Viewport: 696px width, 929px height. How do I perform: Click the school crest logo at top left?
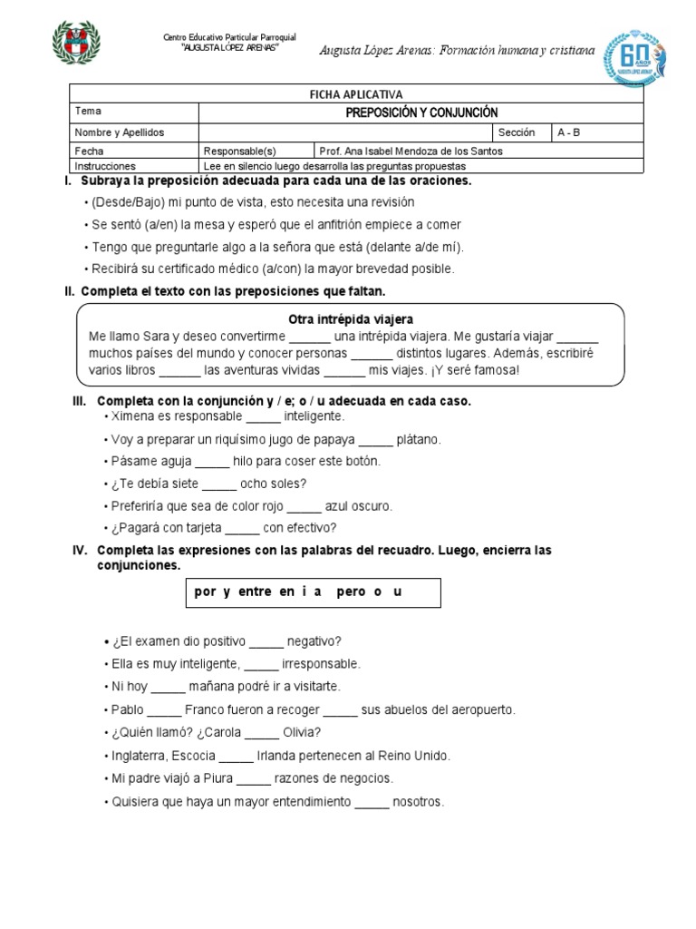pyautogui.click(x=75, y=44)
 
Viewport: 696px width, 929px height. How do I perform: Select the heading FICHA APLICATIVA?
pyautogui.click(x=357, y=94)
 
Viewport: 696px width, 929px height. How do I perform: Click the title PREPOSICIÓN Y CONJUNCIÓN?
pyautogui.click(x=421, y=112)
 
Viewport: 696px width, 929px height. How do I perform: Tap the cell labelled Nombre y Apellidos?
pyautogui.click(x=119, y=132)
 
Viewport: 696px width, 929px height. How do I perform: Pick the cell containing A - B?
pyautogui.click(x=569, y=132)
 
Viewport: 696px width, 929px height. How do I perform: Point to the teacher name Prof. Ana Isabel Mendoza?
pyautogui.click(x=411, y=152)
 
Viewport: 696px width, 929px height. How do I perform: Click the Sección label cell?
pyautogui.click(x=517, y=132)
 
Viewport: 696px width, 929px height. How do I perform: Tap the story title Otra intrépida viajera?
pyautogui.click(x=350, y=319)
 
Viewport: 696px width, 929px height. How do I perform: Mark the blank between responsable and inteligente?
pyautogui.click(x=264, y=417)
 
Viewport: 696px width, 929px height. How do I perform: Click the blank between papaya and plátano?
pyautogui.click(x=376, y=440)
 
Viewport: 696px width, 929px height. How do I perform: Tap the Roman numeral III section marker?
pyautogui.click(x=79, y=401)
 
